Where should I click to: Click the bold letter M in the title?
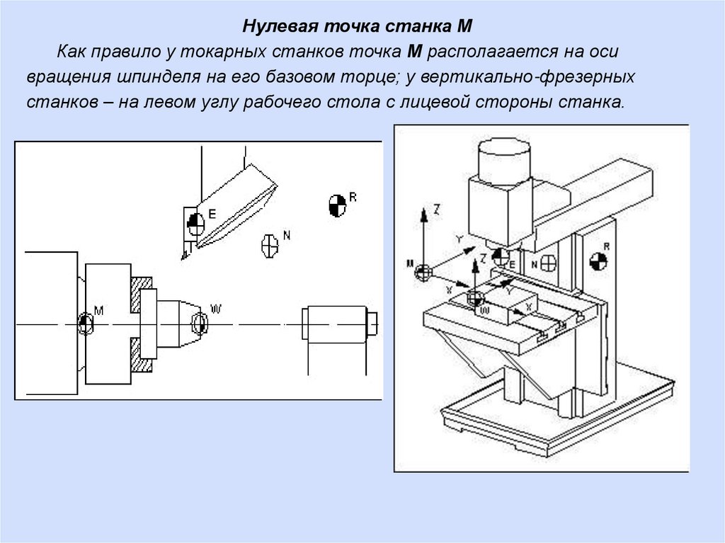[x=464, y=27]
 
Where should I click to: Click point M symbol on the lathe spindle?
[x=86, y=324]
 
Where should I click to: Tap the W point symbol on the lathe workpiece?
[x=199, y=324]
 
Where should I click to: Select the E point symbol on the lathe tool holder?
[x=195, y=224]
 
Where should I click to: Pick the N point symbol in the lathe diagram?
[x=270, y=244]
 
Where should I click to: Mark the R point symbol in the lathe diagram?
[x=337, y=205]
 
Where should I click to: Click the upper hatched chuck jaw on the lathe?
[x=144, y=290]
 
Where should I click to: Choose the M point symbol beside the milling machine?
[x=423, y=273]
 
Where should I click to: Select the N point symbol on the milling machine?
[x=547, y=263]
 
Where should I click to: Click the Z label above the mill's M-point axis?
[x=437, y=210]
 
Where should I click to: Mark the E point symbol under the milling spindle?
[x=500, y=256]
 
